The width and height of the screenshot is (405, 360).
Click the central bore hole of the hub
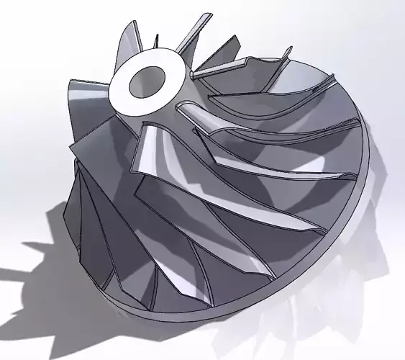pos(148,79)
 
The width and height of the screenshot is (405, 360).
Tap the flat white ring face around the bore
pos(122,89)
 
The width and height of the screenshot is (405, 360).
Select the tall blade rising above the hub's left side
pos(127,43)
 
